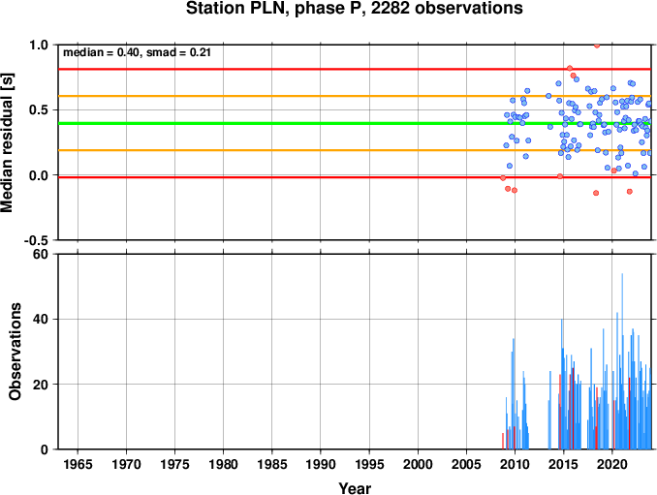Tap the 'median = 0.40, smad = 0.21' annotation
137,52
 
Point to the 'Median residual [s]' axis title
7,142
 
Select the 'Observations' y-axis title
16,352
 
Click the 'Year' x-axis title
355,488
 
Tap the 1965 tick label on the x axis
78,464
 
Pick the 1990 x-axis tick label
321,464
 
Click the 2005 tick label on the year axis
466,464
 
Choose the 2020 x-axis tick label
612,464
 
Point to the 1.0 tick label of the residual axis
39,45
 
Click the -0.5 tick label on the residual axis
36,240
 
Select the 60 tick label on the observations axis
41,254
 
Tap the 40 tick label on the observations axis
41,319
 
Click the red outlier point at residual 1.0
597,46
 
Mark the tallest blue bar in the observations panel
622,361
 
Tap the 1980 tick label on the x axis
223,464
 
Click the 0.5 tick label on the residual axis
39,110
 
